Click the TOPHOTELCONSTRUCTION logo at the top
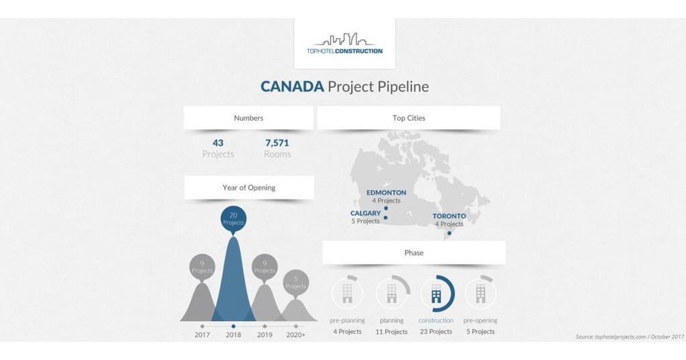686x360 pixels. tap(344, 43)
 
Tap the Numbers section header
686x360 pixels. tap(248, 118)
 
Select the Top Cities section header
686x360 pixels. tap(409, 118)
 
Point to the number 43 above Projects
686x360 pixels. tap(217, 142)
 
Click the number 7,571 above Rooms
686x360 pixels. tap(277, 142)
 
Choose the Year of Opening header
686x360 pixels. tap(248, 188)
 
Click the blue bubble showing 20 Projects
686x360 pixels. tap(233, 219)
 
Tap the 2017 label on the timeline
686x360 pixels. tap(202, 334)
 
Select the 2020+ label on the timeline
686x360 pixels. tap(296, 334)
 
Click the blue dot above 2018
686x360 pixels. tap(233, 326)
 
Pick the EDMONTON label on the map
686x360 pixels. tap(386, 193)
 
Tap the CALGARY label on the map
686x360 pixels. tap(365, 214)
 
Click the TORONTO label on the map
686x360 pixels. tap(449, 216)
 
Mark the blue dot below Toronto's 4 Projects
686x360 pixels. tap(449, 233)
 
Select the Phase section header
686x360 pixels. tap(413, 253)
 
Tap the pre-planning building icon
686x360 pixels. tap(347, 293)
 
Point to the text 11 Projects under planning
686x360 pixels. tap(391, 332)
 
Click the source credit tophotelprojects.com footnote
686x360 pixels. tap(629, 336)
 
